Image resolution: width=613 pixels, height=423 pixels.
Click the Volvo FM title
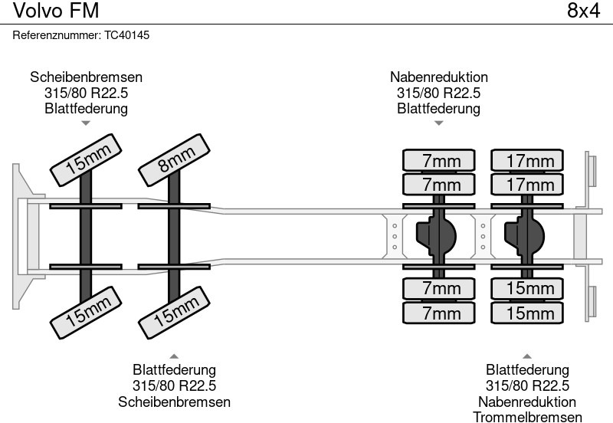(x=49, y=11)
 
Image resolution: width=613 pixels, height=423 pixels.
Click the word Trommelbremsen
(x=527, y=417)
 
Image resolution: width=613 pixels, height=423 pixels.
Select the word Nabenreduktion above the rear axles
(x=438, y=77)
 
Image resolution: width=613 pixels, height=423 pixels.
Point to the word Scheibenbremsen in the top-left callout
(x=86, y=77)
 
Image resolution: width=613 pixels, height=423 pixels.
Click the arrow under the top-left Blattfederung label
(x=86, y=123)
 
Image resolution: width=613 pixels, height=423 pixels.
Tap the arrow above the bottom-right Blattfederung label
(x=526, y=356)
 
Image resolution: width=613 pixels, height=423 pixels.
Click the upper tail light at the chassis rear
(x=591, y=169)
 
